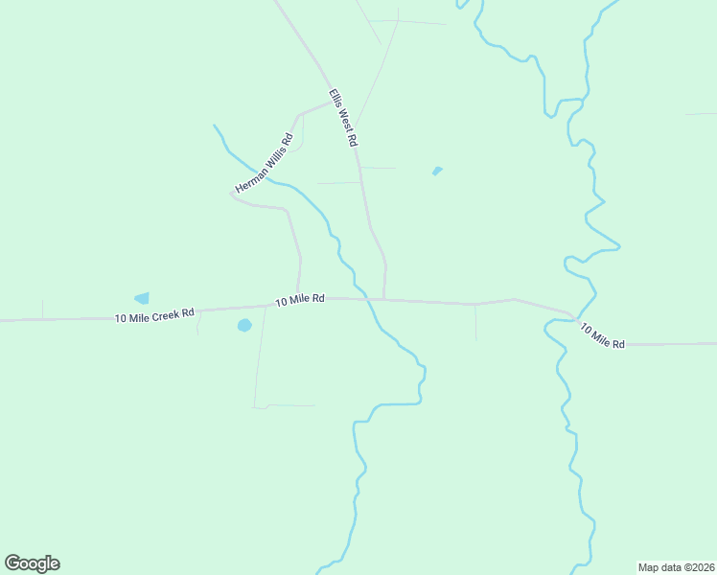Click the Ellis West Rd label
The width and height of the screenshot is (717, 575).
pos(342,117)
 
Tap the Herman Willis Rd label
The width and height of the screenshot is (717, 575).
pos(263,163)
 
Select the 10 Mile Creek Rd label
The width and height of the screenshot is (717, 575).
pos(154,314)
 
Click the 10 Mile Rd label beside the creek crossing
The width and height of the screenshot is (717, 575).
pos(300,300)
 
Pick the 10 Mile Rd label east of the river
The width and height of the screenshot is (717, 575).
pos(602,335)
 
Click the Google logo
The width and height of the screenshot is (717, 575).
pos(32,563)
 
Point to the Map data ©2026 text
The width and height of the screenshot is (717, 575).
pos(676,566)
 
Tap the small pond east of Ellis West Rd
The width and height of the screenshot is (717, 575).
pos(437,172)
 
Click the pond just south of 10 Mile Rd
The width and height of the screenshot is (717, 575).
pos(244,325)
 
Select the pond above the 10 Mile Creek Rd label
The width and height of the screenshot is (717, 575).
pos(142,298)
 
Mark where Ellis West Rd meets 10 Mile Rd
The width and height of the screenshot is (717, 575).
pos(384,299)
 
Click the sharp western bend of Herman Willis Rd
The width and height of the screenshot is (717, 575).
pos(233,195)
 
